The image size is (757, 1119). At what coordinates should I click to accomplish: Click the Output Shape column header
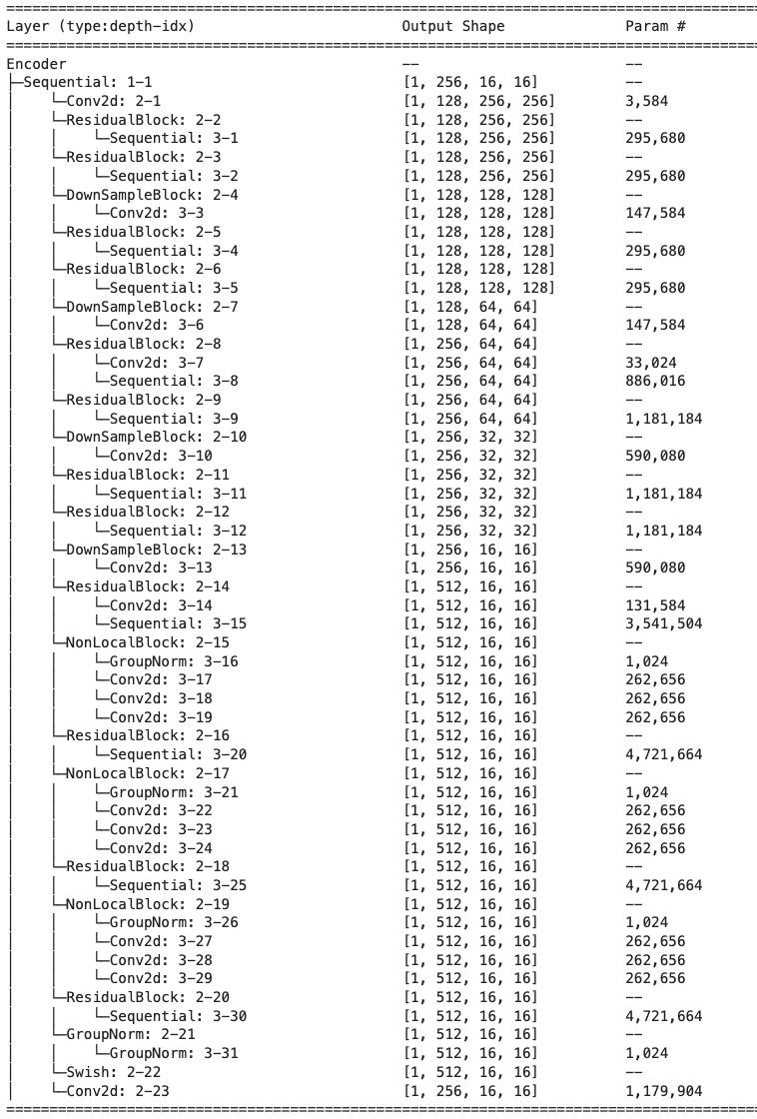(x=452, y=26)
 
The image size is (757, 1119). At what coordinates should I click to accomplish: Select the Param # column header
(x=654, y=26)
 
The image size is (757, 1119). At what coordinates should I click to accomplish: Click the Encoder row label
(x=36, y=63)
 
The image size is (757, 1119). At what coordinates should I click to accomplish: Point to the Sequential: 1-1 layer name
(x=88, y=82)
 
